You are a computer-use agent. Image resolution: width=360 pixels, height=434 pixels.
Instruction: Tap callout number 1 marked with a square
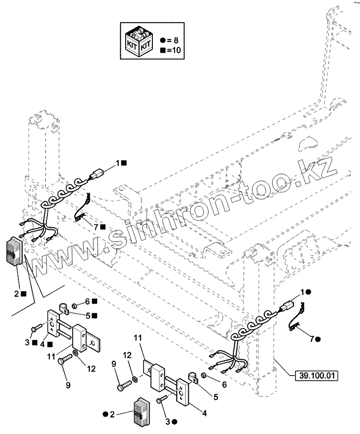point(119,163)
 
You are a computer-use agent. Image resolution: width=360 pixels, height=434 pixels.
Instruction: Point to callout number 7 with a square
point(95,227)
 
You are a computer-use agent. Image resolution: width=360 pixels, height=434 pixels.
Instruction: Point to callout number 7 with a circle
point(312,339)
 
